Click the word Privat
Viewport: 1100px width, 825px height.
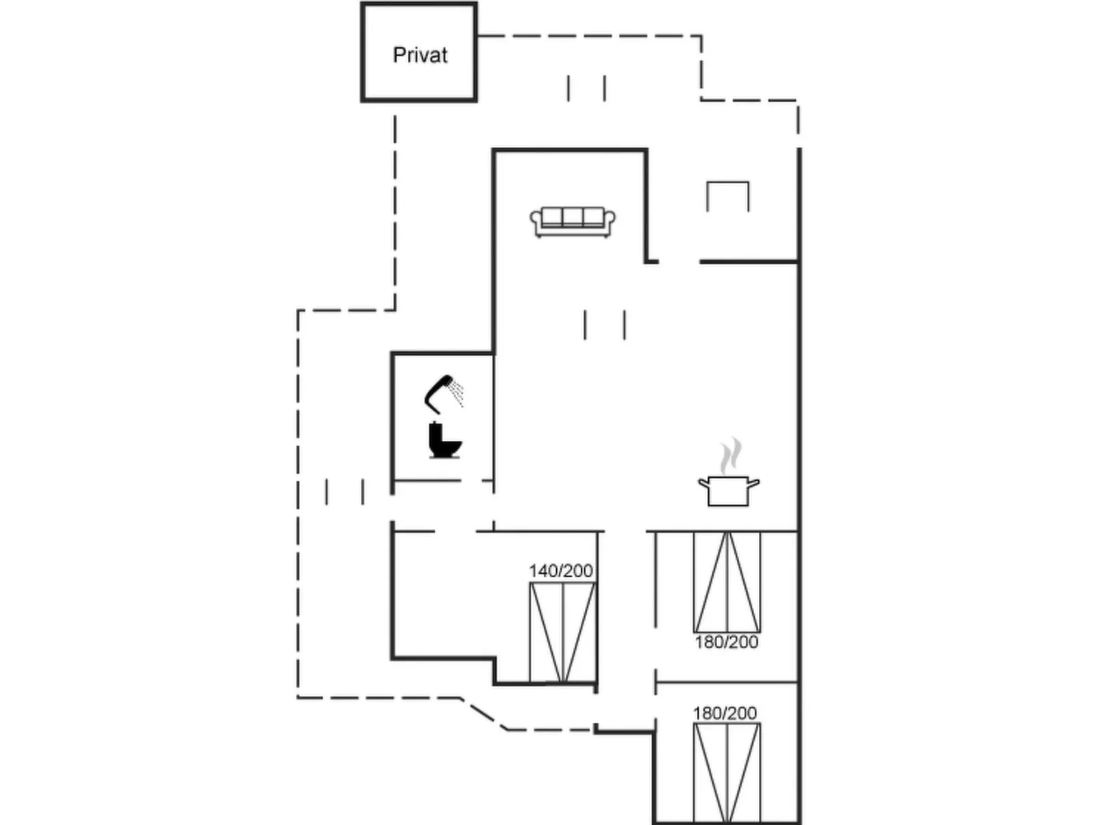click(x=420, y=55)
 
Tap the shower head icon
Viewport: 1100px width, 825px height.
click(x=444, y=394)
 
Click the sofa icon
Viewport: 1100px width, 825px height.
click(x=573, y=222)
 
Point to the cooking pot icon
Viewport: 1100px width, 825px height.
click(x=729, y=490)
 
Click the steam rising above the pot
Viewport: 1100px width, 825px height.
click(x=731, y=456)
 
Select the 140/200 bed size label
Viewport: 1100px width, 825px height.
click(x=560, y=570)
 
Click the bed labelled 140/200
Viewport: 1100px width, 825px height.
click(x=562, y=632)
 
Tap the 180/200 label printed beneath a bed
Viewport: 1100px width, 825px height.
click(x=726, y=642)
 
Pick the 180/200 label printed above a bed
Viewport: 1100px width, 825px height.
click(x=725, y=713)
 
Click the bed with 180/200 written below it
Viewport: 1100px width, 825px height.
click(x=727, y=582)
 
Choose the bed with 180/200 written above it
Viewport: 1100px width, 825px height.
click(x=727, y=772)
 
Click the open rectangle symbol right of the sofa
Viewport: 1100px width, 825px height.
click(x=727, y=196)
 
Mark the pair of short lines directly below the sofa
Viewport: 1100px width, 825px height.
click(x=605, y=325)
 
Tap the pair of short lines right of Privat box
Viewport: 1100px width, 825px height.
click(x=586, y=88)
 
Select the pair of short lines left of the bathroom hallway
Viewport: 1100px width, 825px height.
click(x=345, y=492)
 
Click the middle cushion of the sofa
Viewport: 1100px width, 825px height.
click(x=573, y=217)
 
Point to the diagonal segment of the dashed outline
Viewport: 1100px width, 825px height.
click(x=484, y=714)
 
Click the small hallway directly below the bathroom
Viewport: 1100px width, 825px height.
click(x=442, y=506)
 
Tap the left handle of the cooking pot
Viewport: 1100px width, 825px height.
click(x=703, y=483)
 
